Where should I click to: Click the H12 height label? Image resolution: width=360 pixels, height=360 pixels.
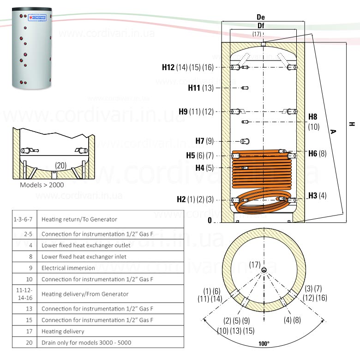tap(168, 67)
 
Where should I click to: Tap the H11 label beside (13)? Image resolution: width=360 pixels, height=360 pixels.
tap(194, 88)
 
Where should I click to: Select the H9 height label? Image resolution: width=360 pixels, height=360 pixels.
tap(183, 111)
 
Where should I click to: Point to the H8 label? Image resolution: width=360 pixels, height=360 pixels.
tap(313, 117)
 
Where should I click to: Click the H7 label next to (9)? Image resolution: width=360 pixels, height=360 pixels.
tap(200, 141)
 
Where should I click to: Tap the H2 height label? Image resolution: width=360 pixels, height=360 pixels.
tap(181, 200)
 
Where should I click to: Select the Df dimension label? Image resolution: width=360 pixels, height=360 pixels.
tap(261, 25)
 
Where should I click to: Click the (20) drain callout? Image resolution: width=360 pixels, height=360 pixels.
tap(60, 165)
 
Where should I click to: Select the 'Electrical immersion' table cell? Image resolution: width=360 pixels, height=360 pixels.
tap(68, 268)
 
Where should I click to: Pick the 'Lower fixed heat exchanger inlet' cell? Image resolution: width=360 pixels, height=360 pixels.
tap(84, 256)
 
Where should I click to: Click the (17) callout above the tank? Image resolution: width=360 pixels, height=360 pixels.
tap(257, 34)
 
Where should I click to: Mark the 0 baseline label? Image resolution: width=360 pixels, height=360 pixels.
tap(210, 221)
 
